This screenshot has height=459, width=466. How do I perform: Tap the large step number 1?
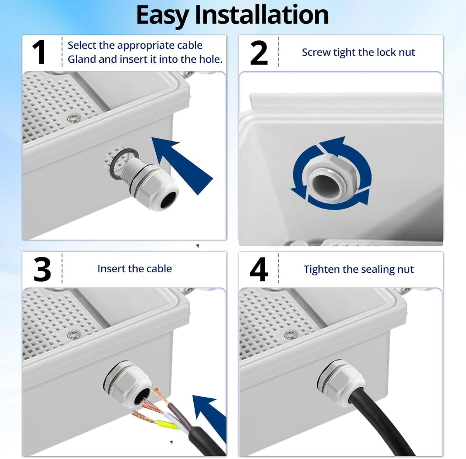[x=39, y=52]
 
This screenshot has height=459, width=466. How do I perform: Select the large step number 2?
[x=259, y=53]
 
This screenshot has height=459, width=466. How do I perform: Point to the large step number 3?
[x=42, y=269]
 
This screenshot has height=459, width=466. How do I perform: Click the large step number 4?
[x=259, y=269]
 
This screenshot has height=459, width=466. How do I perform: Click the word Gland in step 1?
[x=82, y=59]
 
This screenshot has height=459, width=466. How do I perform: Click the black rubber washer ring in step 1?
[x=123, y=164]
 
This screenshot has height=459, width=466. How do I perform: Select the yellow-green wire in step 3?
[x=167, y=424]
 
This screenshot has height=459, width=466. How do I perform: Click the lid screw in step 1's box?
[x=71, y=118]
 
